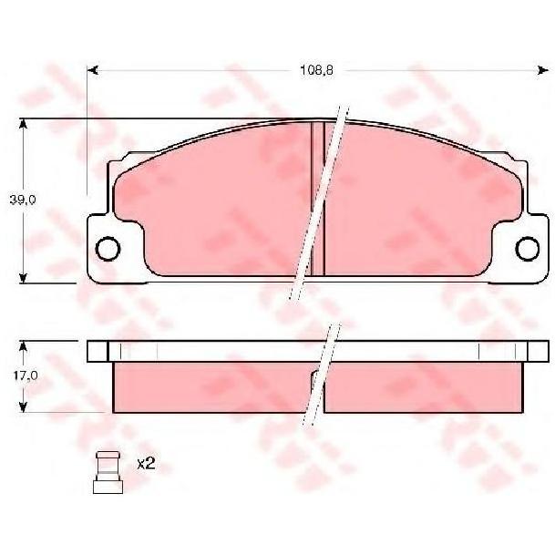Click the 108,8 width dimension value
316,70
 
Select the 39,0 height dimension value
22,200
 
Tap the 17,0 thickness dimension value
26,375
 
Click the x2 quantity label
146,463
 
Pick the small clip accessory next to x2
108,472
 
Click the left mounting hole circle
108,249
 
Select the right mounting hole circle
528,249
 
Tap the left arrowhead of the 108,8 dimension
92,70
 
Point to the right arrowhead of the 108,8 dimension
543,70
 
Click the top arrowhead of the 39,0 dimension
23,124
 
